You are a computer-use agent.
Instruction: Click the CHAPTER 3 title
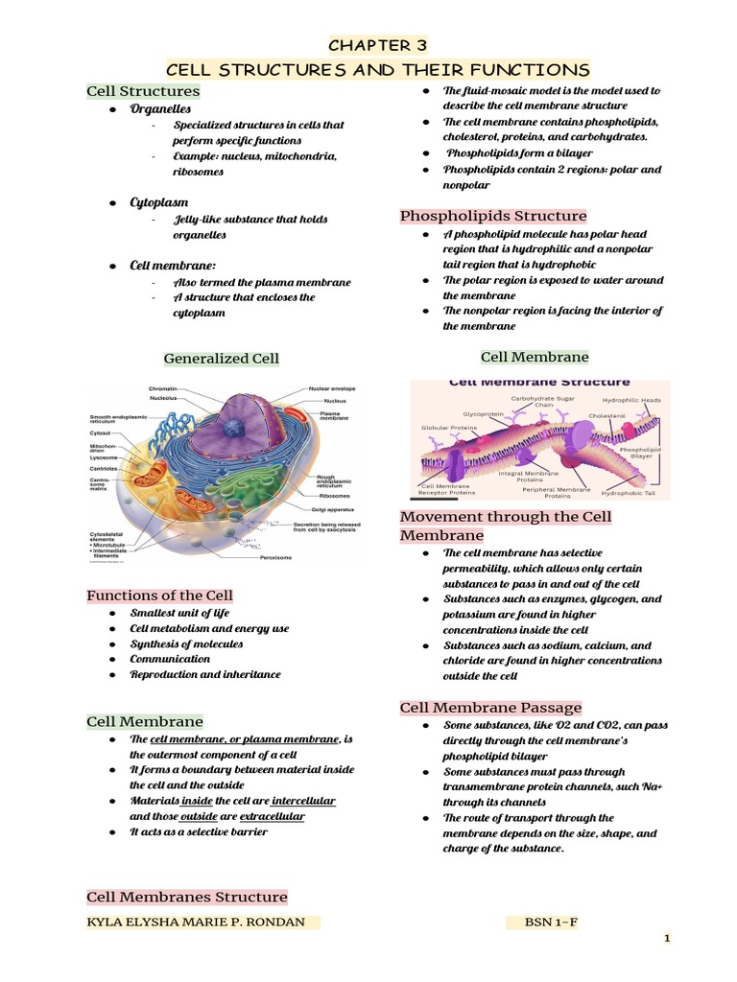377,45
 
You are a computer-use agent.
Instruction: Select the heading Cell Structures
143,91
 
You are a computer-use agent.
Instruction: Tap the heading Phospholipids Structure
493,216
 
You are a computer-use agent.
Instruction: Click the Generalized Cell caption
222,359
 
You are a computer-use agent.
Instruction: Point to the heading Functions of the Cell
159,596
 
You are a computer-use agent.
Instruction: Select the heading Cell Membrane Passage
490,708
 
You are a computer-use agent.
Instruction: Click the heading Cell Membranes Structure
187,897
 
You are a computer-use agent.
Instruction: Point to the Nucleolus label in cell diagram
164,398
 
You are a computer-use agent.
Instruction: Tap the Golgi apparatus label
330,508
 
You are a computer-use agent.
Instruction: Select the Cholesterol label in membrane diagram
606,416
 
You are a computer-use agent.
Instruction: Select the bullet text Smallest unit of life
181,613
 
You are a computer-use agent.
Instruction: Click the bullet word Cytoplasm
159,203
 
